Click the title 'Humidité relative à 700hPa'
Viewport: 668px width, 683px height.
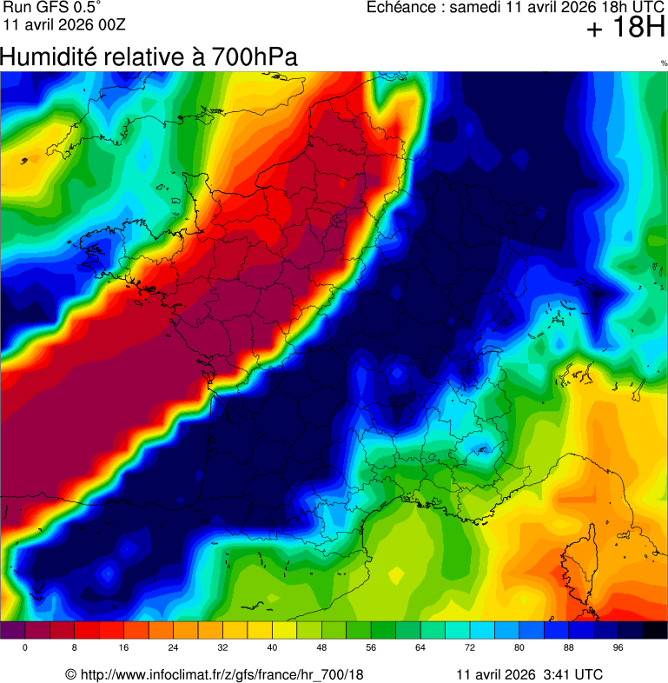pyautogui.click(x=149, y=57)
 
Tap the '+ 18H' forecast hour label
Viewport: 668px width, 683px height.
pyautogui.click(x=625, y=29)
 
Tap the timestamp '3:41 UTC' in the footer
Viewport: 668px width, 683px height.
pyautogui.click(x=572, y=674)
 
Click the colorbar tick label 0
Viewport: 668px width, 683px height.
pyautogui.click(x=24, y=648)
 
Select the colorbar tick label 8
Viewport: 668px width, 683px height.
pyautogui.click(x=74, y=648)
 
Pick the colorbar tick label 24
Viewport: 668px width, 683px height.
pyautogui.click(x=173, y=648)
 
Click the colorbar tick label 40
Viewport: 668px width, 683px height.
pyautogui.click(x=272, y=648)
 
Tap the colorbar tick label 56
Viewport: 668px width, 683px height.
pyautogui.click(x=371, y=648)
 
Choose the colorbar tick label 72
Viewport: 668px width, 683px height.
pyautogui.click(x=470, y=648)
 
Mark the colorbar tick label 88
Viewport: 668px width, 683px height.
pyautogui.click(x=569, y=648)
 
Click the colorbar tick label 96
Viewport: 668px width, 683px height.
pyautogui.click(x=618, y=648)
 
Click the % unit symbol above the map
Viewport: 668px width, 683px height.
pyautogui.click(x=664, y=63)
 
